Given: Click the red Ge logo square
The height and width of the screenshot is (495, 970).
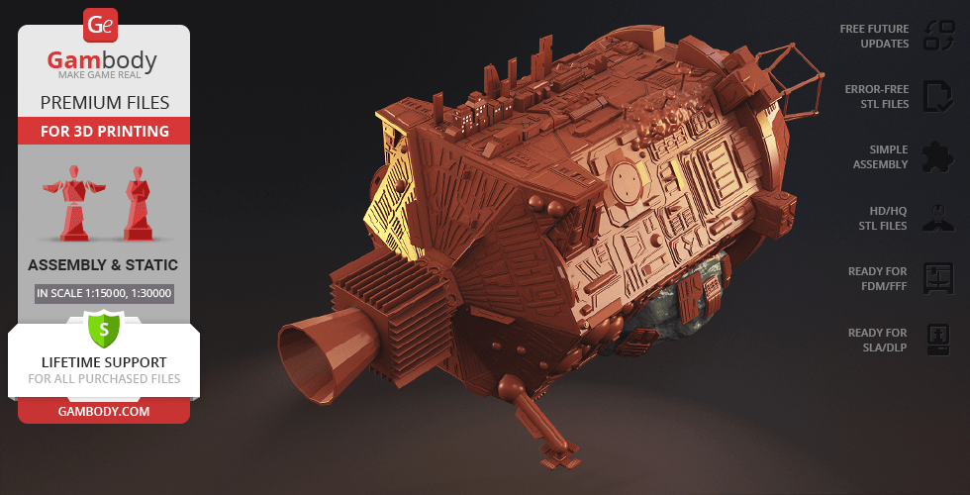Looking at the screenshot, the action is coord(100,25).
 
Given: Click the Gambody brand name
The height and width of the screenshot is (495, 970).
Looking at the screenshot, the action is coord(102,60).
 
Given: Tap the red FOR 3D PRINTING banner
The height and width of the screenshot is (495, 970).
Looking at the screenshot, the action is coord(104,131).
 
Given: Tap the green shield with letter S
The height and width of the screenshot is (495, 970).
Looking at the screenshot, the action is coord(103,329).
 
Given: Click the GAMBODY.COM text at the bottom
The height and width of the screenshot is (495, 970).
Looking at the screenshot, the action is coord(104,411).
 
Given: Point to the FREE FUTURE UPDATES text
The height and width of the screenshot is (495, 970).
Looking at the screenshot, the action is coord(874,36).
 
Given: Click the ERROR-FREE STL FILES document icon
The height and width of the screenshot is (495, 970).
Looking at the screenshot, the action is coord(938,97).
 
